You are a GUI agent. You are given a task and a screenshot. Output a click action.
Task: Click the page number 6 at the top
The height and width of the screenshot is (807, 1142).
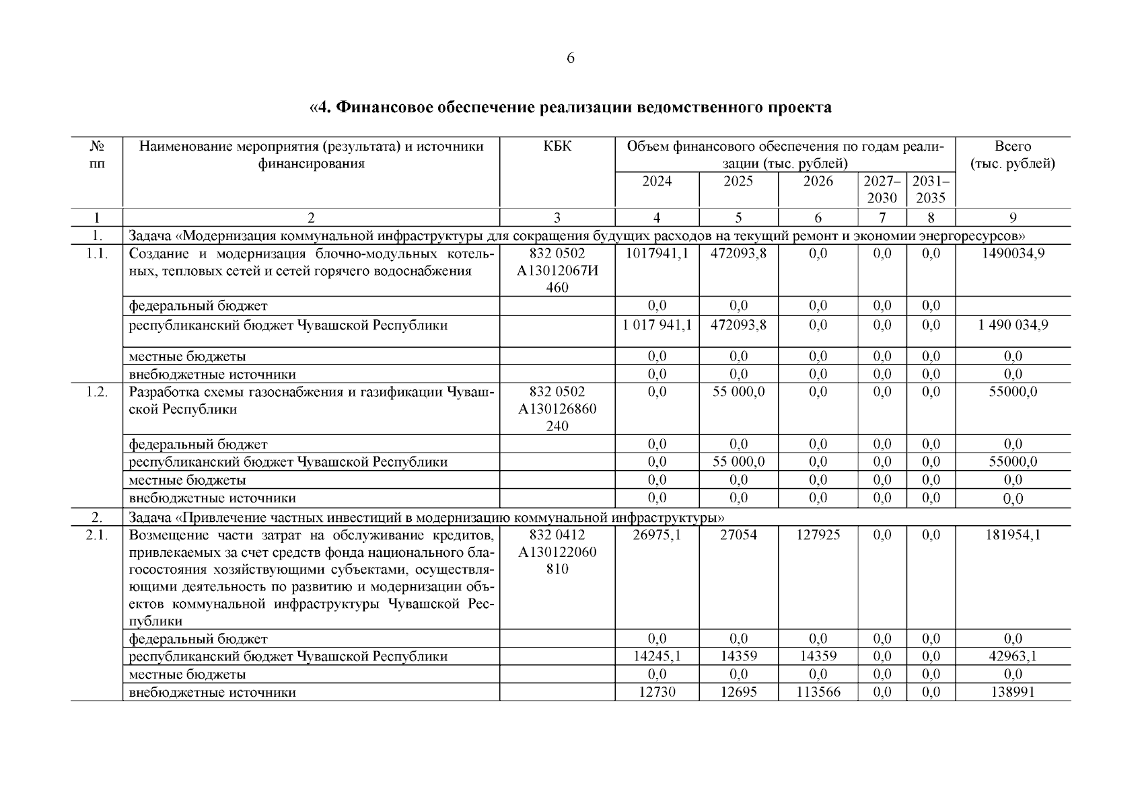(571, 59)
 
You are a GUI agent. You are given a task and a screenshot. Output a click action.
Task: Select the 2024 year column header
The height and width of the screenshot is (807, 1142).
(657, 182)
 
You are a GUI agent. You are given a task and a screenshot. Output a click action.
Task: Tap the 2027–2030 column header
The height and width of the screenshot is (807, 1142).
(882, 190)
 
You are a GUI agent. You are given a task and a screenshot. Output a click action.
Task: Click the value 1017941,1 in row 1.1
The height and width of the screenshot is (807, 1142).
(657, 254)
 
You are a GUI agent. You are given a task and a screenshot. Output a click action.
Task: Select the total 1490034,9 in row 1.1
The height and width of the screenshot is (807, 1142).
(1012, 254)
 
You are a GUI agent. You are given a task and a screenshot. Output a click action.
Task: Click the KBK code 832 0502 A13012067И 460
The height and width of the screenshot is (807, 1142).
(557, 270)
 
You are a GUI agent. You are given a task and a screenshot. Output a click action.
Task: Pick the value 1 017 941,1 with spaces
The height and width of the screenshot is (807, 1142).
(657, 325)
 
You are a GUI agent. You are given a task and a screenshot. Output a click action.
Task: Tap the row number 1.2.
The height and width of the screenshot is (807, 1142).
(97, 392)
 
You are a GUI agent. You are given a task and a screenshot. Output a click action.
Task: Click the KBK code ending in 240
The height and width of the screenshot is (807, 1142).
(557, 409)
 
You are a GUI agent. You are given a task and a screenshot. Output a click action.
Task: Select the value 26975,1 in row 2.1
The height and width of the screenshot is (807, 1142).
(657, 535)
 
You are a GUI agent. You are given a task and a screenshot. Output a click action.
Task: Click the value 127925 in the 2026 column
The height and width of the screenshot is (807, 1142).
(818, 535)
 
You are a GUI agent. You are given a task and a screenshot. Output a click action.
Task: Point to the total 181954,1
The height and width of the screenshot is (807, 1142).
(1012, 535)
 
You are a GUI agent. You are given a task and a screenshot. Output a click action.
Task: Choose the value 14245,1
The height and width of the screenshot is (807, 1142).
(657, 657)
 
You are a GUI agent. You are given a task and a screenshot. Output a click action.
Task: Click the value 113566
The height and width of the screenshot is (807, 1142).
(818, 692)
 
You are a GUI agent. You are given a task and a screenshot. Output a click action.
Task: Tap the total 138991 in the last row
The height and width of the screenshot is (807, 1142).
(1012, 692)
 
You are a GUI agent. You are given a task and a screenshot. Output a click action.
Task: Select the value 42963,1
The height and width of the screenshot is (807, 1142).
(1012, 657)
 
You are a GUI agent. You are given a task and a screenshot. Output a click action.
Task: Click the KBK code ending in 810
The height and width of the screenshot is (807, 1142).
(557, 552)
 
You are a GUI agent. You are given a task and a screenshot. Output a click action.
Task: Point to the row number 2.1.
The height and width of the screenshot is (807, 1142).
(97, 535)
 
